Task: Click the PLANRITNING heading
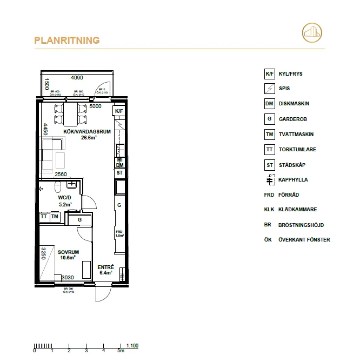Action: click(66, 41)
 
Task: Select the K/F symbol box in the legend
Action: click(269, 74)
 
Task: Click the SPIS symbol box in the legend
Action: click(269, 89)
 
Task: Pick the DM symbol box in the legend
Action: click(269, 104)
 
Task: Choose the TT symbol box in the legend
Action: click(269, 150)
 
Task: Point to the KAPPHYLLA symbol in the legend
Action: click(269, 180)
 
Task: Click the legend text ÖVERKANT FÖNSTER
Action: click(304, 240)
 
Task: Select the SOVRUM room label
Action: click(69, 252)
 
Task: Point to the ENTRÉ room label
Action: click(105, 267)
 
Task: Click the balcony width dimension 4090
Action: click(78, 78)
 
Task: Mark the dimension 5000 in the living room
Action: click(95, 106)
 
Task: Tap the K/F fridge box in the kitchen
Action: click(118, 111)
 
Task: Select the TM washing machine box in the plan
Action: click(55, 217)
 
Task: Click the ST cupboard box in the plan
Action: click(119, 173)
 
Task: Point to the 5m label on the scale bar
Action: click(121, 352)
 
